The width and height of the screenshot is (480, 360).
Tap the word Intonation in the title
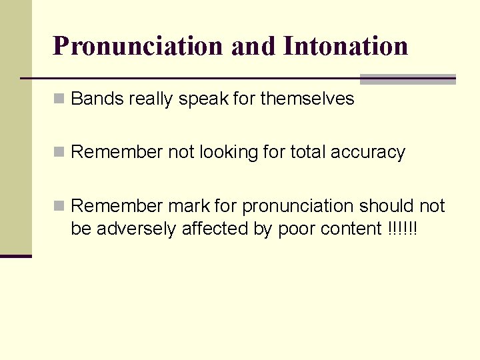coord(345,46)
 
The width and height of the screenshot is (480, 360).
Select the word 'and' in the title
coord(253,46)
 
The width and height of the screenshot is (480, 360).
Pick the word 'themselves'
coord(307,99)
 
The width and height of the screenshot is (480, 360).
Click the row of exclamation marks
coord(402,229)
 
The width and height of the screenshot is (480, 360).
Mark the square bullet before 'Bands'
coord(60,99)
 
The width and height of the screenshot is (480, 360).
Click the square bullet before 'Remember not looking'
coord(60,153)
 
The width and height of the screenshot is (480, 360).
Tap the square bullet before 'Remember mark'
coord(60,206)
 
